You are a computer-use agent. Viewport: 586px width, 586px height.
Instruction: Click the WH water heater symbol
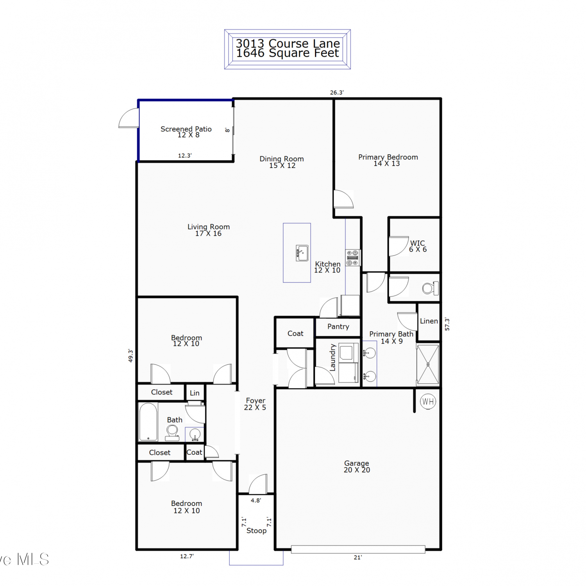[428, 401]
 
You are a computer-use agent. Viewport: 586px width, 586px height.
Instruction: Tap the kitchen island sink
[302, 253]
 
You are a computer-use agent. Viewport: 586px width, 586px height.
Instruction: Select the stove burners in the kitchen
[353, 258]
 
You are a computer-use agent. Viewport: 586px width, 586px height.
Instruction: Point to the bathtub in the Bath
[148, 422]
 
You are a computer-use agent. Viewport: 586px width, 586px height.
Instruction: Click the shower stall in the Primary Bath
[428, 364]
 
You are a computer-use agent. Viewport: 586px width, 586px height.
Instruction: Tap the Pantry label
[338, 327]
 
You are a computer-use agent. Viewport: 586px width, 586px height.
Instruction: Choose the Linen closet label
[429, 321]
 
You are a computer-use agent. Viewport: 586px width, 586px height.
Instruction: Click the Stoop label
[256, 531]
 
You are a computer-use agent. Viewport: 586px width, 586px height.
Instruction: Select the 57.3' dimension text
[447, 324]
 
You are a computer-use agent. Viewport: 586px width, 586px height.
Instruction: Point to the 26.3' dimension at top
[337, 93]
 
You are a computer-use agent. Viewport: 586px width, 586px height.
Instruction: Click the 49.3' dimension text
[131, 356]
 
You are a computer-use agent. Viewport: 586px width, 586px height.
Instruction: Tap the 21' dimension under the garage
[358, 557]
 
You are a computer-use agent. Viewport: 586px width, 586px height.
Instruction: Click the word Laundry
[332, 357]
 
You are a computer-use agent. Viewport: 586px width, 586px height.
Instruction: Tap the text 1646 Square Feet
[288, 53]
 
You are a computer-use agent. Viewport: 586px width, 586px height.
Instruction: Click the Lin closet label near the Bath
[195, 393]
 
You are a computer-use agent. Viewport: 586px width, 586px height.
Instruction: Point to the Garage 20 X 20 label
[357, 466]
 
